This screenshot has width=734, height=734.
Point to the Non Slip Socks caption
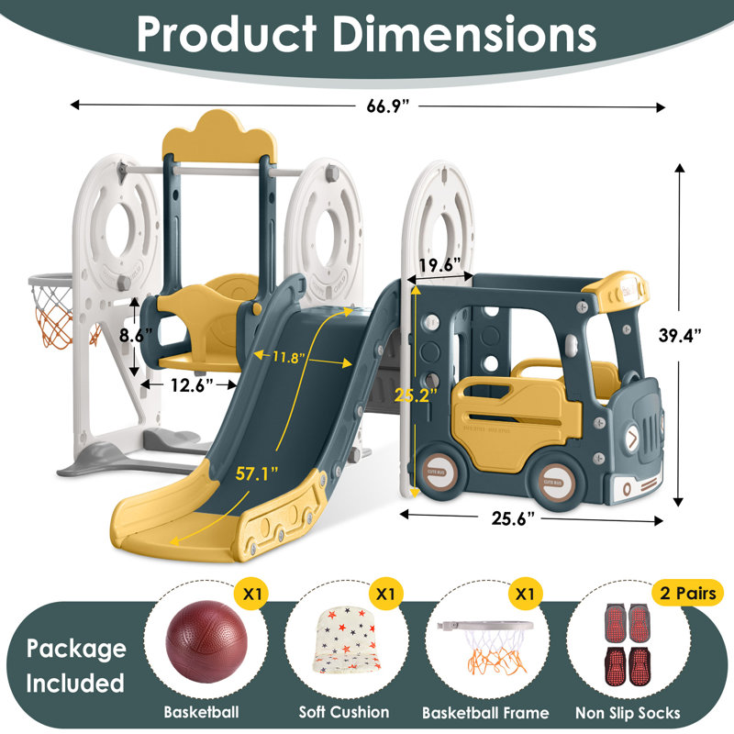coord(628,712)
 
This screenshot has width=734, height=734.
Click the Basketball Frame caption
coord(485,712)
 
